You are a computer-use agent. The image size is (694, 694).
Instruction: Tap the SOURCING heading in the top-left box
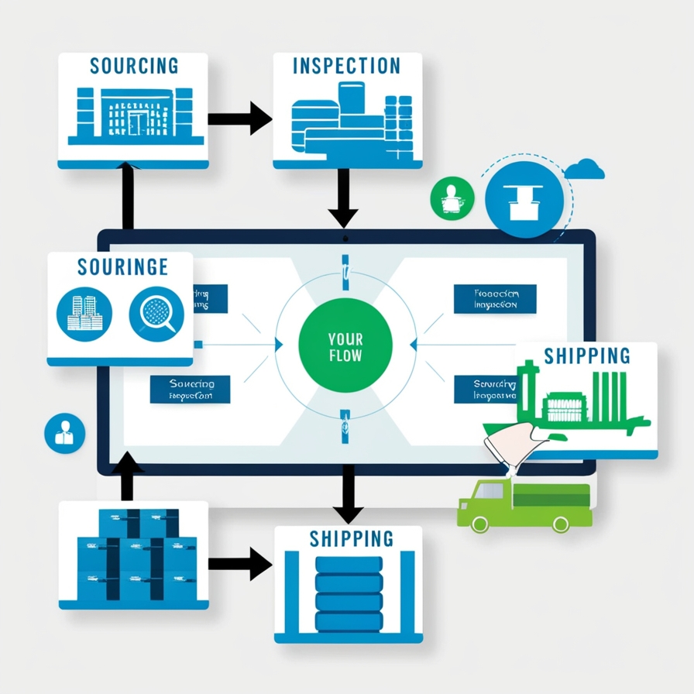click(x=133, y=65)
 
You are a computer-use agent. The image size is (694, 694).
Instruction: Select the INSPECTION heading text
click(x=346, y=65)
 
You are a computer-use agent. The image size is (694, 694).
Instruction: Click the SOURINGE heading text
click(x=122, y=266)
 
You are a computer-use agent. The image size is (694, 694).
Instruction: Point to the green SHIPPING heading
click(x=586, y=356)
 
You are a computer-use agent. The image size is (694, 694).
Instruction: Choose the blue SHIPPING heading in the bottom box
click(x=351, y=538)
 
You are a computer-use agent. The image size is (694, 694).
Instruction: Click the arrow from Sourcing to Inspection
click(x=240, y=119)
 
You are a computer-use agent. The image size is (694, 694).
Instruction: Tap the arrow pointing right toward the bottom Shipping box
click(x=240, y=563)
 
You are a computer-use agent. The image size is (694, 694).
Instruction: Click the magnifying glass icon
click(x=156, y=313)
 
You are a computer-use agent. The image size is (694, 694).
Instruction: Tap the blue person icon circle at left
click(x=64, y=433)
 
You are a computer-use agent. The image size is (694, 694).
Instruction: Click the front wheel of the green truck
click(x=480, y=524)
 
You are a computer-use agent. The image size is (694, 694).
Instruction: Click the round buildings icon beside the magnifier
click(x=84, y=313)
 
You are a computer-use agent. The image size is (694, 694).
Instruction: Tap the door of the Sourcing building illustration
click(x=138, y=123)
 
